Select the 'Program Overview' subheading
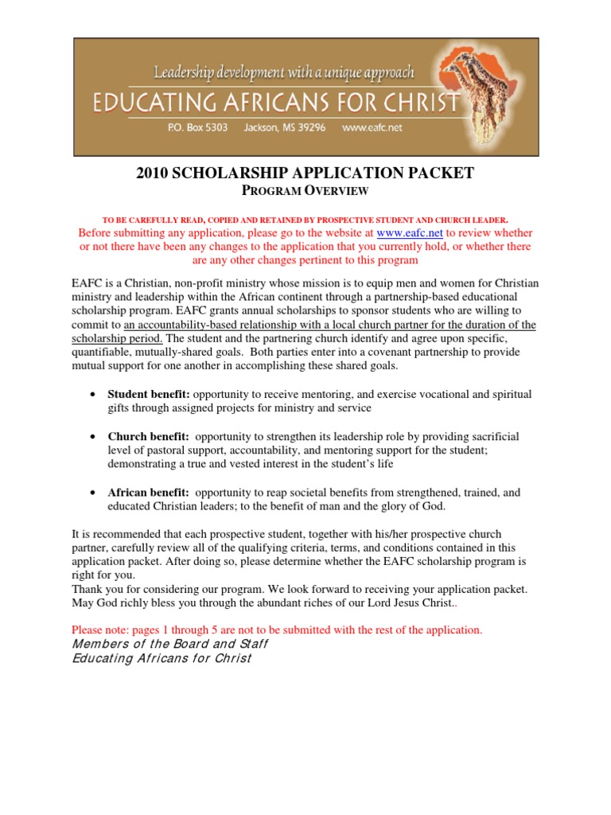305,191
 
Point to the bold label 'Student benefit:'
149,394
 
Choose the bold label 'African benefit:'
149,493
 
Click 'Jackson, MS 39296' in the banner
285,127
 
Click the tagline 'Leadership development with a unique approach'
284,73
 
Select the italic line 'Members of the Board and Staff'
170,644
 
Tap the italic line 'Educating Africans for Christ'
162,658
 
